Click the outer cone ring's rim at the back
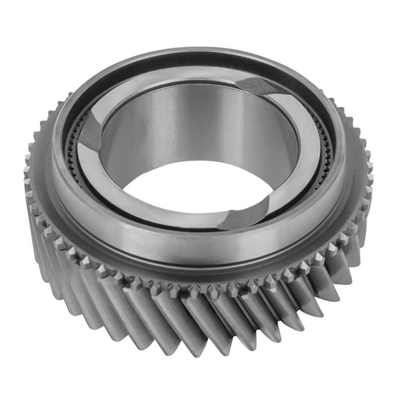[x=207, y=52]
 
